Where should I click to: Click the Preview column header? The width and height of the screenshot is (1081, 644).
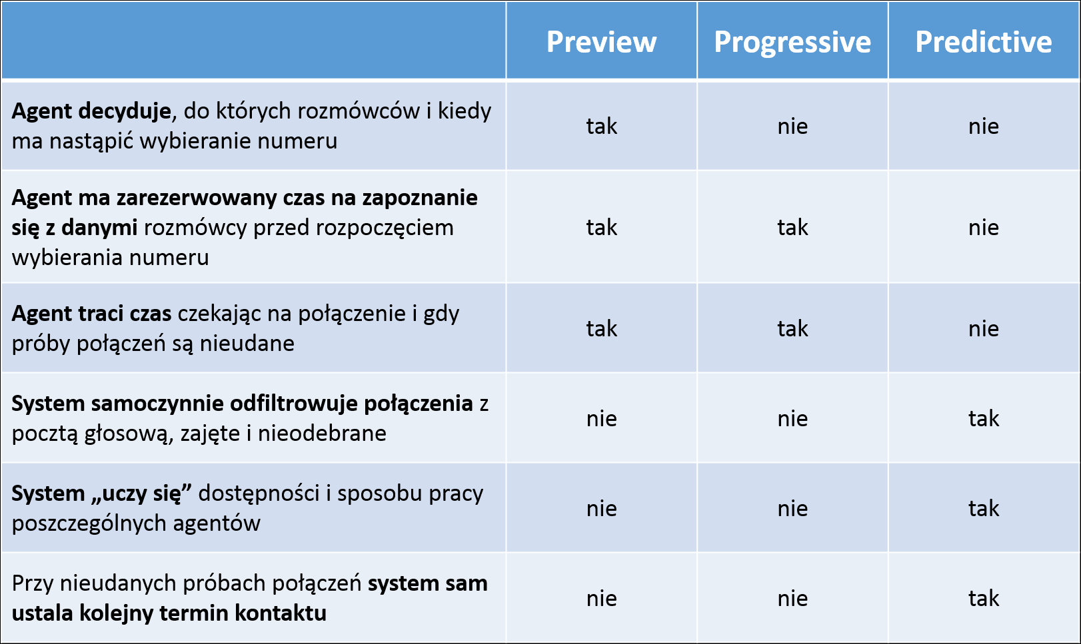[x=601, y=41]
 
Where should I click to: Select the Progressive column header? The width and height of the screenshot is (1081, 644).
[x=792, y=42]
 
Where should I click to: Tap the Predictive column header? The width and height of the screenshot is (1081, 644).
[x=984, y=41]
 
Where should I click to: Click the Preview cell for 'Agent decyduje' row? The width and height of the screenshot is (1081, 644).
[x=601, y=127]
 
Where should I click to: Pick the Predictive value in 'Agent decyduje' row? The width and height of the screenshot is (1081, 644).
[x=984, y=127]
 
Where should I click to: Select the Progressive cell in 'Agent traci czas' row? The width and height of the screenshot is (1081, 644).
[x=792, y=328]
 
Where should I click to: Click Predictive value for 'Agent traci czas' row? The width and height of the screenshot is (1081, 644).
[x=984, y=328]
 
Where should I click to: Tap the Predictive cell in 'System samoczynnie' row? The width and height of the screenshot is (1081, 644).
[x=984, y=418]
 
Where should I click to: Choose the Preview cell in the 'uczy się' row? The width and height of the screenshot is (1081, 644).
[x=601, y=508]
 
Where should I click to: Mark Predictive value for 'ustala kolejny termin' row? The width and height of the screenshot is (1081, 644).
[x=984, y=598]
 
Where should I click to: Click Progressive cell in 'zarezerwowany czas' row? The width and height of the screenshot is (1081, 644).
[x=792, y=227]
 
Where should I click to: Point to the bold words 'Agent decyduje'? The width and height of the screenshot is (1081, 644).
[x=91, y=112]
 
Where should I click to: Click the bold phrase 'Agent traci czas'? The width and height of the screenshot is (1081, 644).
[x=92, y=314]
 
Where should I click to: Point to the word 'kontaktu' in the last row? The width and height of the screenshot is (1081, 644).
[x=281, y=613]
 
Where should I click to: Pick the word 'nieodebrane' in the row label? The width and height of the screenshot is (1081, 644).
[x=322, y=433]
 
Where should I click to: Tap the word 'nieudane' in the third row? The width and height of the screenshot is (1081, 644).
[x=247, y=344]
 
